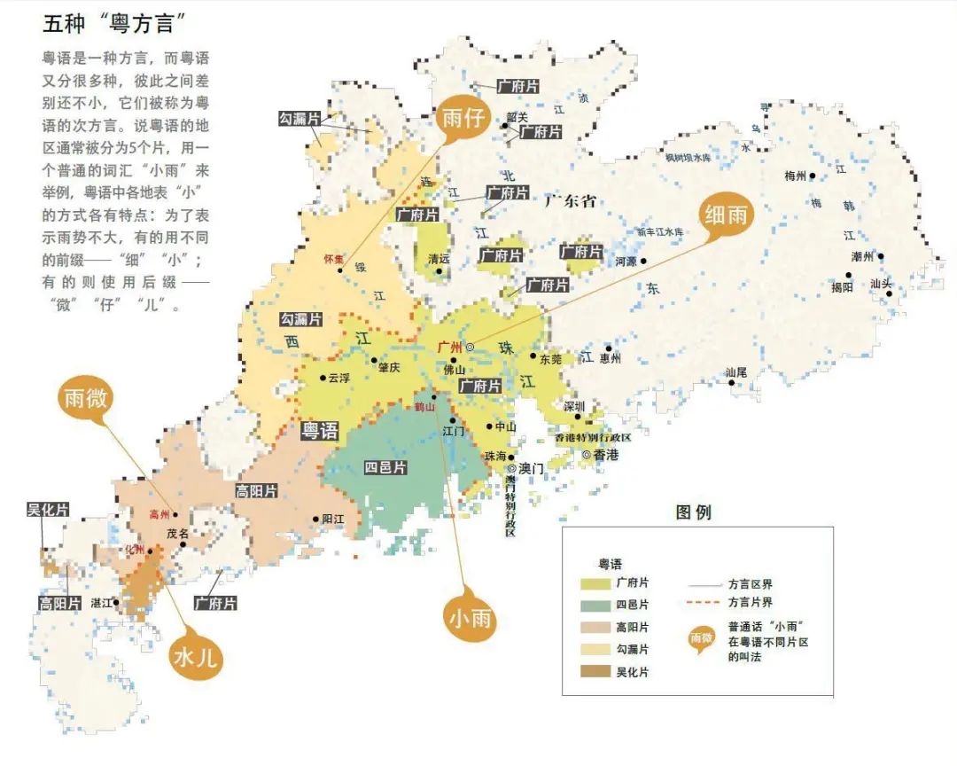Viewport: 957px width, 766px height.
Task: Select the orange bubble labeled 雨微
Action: click(x=85, y=399)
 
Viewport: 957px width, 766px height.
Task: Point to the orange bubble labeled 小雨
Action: click(x=469, y=617)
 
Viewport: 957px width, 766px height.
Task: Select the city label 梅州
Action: click(x=795, y=176)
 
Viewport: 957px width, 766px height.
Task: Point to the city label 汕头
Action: click(x=881, y=284)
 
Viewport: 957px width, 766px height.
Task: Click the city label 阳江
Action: click(x=333, y=520)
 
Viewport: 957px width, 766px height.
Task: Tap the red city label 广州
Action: click(x=450, y=347)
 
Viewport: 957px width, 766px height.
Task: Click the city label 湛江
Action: click(x=103, y=603)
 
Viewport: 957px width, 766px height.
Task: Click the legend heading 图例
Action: click(x=693, y=512)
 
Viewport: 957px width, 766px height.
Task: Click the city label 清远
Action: click(x=439, y=259)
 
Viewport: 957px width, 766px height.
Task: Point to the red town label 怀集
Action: click(x=333, y=259)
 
